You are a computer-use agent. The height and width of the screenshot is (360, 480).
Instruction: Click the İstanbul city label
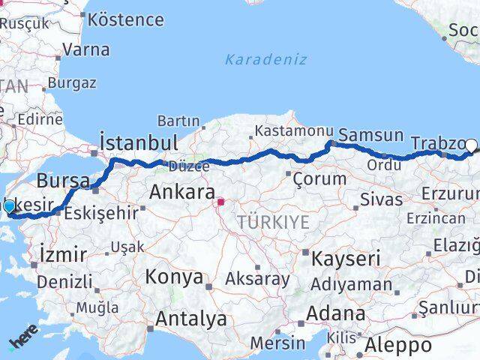click(139, 142)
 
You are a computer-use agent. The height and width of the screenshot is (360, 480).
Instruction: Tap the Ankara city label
click(182, 192)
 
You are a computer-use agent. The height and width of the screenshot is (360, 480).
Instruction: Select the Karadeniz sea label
click(266, 59)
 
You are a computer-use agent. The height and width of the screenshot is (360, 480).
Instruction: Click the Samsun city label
click(370, 136)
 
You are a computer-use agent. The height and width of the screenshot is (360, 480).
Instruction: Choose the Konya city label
click(174, 277)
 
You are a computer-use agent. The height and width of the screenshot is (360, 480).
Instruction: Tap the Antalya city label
click(190, 319)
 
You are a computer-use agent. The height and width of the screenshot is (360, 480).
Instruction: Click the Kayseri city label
click(346, 259)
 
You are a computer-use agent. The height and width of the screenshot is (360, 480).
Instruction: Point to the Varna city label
click(86, 50)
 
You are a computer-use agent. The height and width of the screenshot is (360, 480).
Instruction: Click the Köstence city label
click(125, 19)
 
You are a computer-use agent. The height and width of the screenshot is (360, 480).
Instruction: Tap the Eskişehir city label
click(101, 213)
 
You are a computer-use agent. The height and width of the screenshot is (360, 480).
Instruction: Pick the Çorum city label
click(320, 178)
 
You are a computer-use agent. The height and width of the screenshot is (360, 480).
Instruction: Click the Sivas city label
click(381, 199)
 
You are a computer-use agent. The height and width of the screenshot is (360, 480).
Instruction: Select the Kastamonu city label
click(288, 130)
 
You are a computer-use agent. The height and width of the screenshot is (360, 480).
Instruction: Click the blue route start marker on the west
click(9, 206)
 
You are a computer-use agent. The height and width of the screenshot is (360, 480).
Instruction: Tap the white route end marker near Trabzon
click(472, 145)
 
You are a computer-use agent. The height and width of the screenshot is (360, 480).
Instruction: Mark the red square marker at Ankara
click(221, 202)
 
